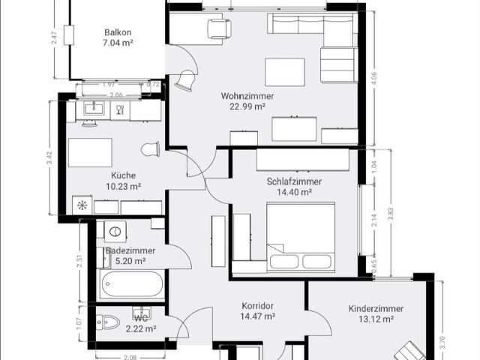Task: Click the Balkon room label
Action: (118, 32)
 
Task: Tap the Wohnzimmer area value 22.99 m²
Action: (247, 107)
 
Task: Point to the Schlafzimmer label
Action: (294, 181)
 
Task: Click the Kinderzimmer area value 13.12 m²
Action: (376, 319)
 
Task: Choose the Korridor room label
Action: (257, 306)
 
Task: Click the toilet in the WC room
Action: (108, 322)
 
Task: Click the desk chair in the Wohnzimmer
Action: (219, 28)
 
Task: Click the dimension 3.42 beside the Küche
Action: (50, 157)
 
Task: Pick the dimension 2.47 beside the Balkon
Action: (53, 38)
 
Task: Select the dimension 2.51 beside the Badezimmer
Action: (79, 261)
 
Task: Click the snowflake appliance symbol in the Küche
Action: (82, 205)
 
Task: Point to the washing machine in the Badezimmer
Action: (115, 229)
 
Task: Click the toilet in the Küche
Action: (151, 149)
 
